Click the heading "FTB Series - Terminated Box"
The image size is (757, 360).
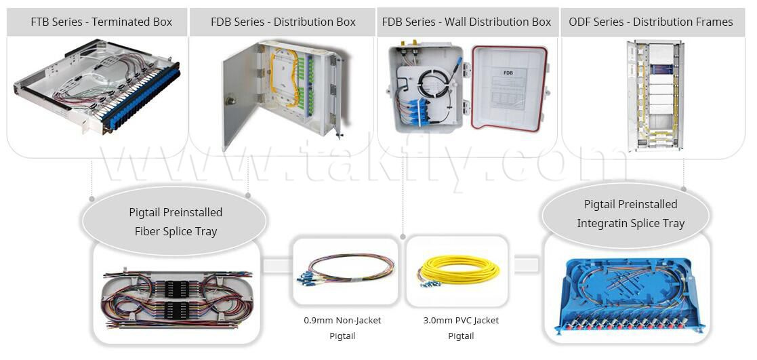coord(102,22)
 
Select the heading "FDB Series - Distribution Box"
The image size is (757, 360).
coord(283,22)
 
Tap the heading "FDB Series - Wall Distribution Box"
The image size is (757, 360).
coord(466,22)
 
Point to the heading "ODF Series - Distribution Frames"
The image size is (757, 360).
coord(651,22)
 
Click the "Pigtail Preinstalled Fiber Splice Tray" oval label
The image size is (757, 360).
coord(174,221)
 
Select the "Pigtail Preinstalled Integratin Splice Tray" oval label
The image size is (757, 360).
coord(626,214)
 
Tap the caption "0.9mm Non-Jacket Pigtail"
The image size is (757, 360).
coord(342,327)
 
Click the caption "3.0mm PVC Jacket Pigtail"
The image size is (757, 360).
coord(461,327)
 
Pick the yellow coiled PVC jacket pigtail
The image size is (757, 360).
coord(458,271)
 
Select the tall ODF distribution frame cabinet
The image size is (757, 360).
coord(655,96)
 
